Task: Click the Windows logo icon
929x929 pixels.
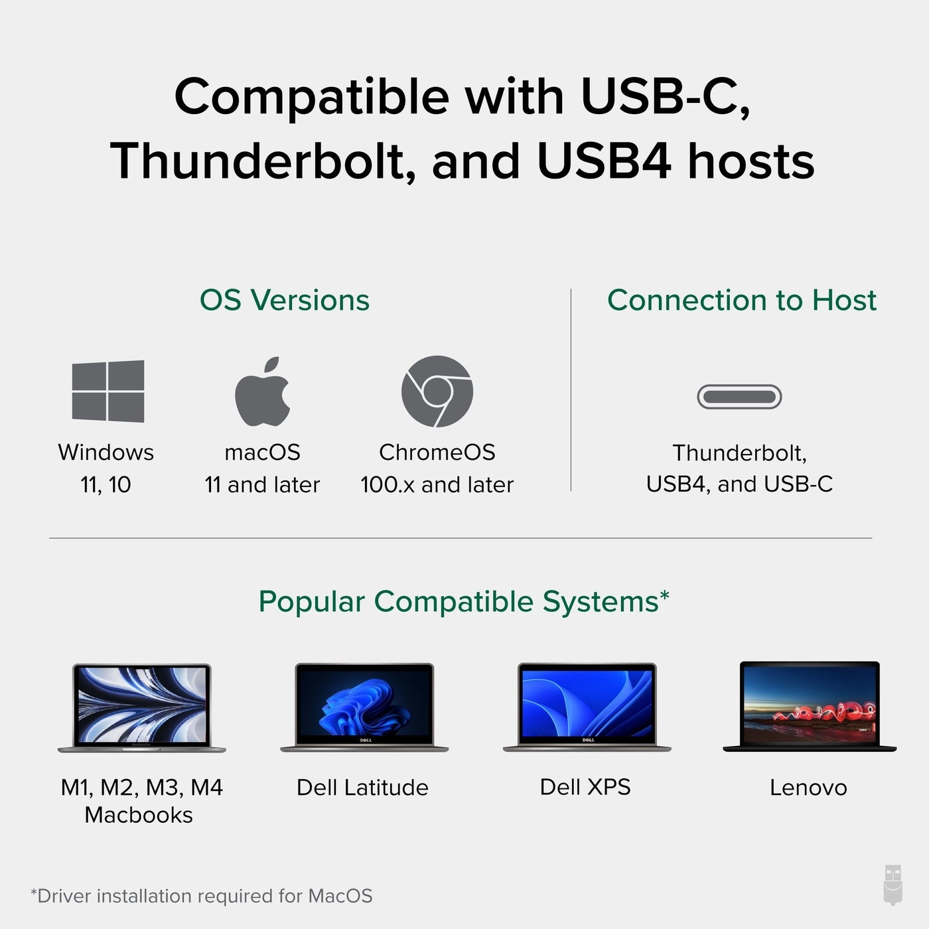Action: point(108,392)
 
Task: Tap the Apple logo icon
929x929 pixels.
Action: point(263,393)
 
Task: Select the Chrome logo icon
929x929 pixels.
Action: point(437,392)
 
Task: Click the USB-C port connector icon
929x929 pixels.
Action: point(739,397)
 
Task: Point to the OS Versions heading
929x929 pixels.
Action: point(284,300)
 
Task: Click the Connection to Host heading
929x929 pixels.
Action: point(741,300)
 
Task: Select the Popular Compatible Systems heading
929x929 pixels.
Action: point(463,602)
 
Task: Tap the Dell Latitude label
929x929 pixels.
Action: point(362,788)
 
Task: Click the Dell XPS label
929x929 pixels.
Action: point(585,787)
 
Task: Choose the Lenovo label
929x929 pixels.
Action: point(808,788)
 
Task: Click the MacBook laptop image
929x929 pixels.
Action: point(141,707)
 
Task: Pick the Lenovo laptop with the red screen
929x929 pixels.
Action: point(810,706)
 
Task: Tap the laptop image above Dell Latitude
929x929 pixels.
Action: point(364,707)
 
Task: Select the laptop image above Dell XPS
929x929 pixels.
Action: point(587,707)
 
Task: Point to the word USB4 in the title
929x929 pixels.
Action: point(603,161)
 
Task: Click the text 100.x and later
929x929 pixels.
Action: point(437,485)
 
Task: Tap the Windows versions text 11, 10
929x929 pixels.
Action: point(106,485)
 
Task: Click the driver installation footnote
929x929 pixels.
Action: point(202,896)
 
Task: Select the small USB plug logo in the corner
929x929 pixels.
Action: point(893,885)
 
